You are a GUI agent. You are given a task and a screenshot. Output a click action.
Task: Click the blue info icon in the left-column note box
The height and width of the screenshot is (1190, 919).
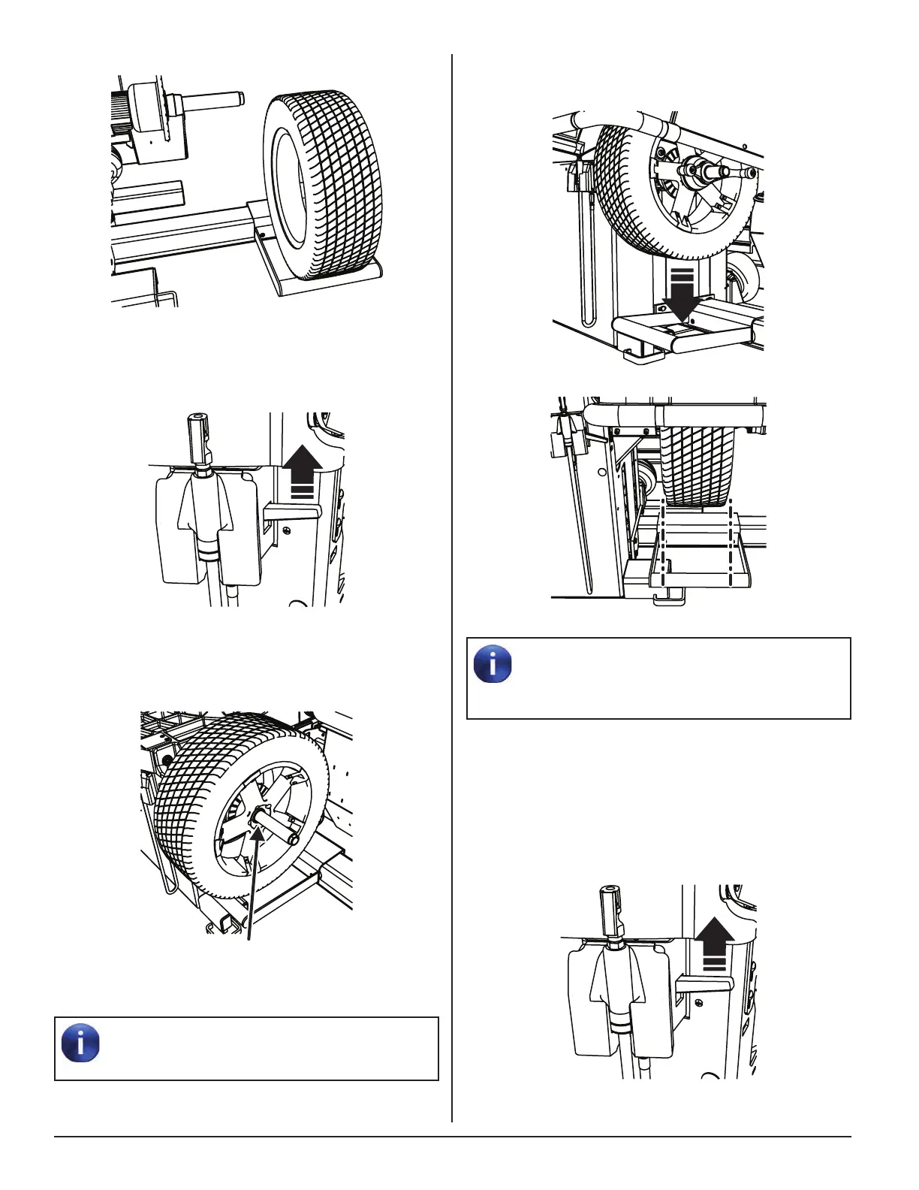(x=81, y=1043)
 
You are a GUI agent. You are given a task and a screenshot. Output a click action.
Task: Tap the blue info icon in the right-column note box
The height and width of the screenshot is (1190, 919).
(x=493, y=664)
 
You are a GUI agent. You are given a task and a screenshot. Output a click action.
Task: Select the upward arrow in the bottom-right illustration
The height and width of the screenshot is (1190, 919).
(x=714, y=946)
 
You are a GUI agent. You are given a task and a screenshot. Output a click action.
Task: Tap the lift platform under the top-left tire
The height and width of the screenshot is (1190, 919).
(x=323, y=278)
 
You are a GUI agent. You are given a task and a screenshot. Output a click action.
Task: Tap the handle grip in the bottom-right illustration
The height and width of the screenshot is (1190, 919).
(x=610, y=909)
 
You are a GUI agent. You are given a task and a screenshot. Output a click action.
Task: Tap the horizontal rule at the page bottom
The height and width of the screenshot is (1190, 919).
(x=452, y=1137)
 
